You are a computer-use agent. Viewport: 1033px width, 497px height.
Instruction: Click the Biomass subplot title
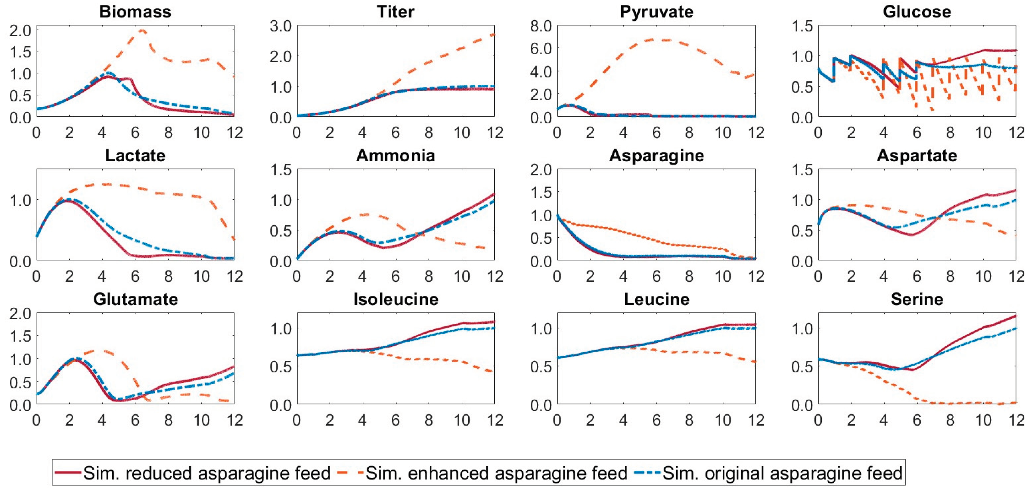[135, 12]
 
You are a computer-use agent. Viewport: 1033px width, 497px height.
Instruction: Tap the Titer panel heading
[396, 12]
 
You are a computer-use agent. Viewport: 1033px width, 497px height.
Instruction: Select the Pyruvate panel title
[656, 12]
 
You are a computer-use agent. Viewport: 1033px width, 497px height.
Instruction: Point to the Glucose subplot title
[917, 12]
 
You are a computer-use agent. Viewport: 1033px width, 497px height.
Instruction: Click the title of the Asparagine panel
[656, 155]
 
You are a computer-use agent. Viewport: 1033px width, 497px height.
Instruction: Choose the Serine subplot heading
[917, 299]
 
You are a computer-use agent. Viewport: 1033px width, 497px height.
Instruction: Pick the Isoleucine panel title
[396, 299]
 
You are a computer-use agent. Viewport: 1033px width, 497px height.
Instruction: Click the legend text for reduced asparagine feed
[206, 473]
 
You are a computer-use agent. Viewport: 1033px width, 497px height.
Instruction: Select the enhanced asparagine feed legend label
[496, 473]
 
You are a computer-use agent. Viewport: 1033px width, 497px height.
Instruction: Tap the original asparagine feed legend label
[782, 473]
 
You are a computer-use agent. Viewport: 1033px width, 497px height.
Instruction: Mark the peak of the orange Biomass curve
[142, 30]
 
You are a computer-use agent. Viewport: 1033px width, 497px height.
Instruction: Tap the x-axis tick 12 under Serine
[1016, 420]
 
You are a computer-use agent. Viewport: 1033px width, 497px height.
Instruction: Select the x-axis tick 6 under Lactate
[135, 276]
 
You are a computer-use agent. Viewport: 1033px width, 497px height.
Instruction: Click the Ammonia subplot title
[396, 155]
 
